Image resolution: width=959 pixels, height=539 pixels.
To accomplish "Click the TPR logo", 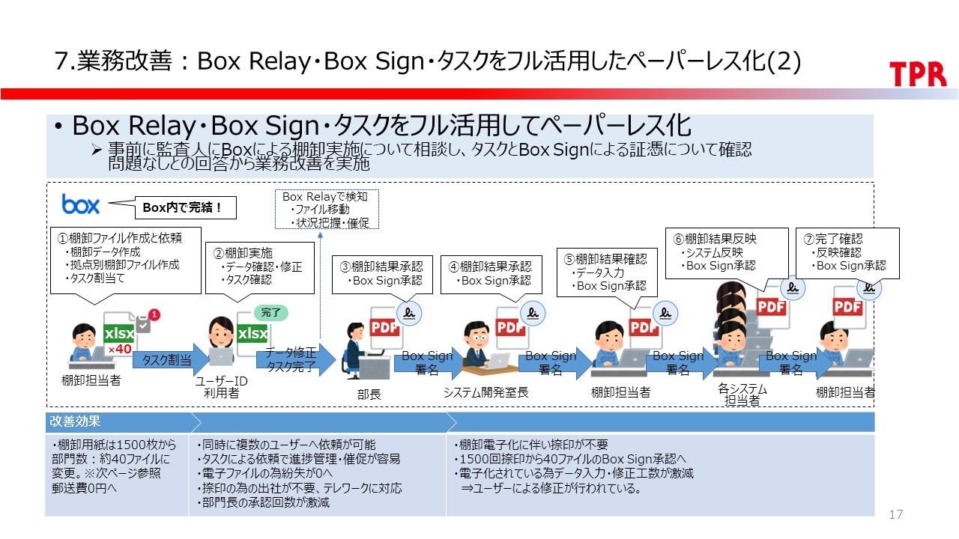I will pyautogui.click(x=918, y=73).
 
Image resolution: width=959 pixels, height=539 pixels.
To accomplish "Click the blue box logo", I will pyautogui.click(x=81, y=204).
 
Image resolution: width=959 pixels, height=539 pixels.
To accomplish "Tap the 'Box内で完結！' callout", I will pyautogui.click(x=178, y=207).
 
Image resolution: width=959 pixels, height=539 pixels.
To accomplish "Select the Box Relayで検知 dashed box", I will pyautogui.click(x=325, y=209).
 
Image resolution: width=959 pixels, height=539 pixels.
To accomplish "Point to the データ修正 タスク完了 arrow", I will pyautogui.click(x=291, y=360).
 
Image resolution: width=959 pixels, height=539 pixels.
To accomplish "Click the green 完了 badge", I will pyautogui.click(x=270, y=311).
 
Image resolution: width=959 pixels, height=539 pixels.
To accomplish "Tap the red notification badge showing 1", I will pyautogui.click(x=154, y=314).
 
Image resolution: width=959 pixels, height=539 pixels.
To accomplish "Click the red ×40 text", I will pyautogui.click(x=119, y=349).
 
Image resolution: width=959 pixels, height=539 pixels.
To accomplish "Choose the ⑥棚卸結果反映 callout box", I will pyautogui.click(x=726, y=252).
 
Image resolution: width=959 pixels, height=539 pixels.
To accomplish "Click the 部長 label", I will pyautogui.click(x=369, y=394).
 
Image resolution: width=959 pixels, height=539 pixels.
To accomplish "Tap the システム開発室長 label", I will pyautogui.click(x=485, y=392).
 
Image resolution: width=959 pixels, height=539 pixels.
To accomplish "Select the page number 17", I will pyautogui.click(x=895, y=514).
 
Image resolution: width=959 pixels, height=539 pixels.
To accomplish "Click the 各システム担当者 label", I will pyautogui.click(x=742, y=395).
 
